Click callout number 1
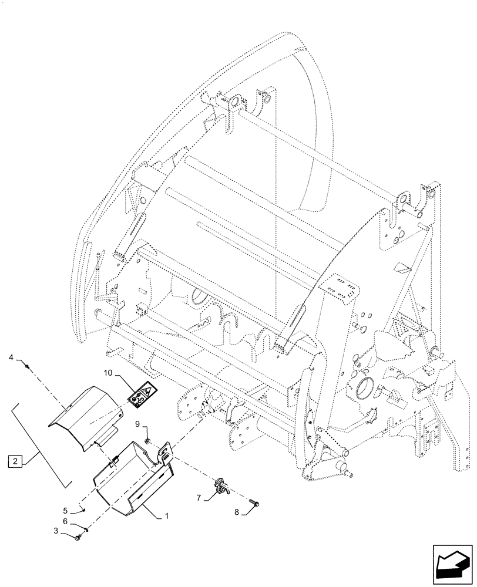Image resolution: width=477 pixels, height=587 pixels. pos(167,517)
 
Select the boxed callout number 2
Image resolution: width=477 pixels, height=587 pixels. pos(15,460)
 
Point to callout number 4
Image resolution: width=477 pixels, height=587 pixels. pos(11,357)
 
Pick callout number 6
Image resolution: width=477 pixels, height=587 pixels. pos(66,520)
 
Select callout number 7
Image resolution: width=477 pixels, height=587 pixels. pos(199,498)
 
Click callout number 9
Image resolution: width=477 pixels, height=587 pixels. pos(136,423)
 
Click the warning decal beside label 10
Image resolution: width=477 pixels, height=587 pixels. pos(141,394)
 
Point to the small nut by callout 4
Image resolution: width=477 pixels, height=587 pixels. pos(28,366)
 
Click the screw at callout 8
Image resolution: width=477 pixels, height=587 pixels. pos(254,502)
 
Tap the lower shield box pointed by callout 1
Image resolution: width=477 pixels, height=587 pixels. pos(132,481)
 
